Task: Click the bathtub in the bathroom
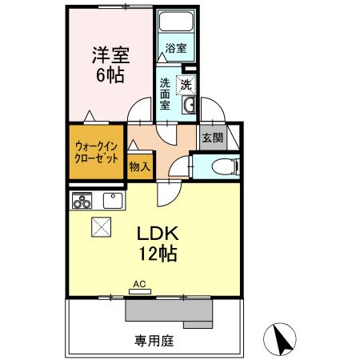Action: coord(174,24)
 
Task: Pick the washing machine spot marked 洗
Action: coord(186,85)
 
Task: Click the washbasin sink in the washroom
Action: coord(190,106)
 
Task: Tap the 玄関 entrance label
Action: coord(212,138)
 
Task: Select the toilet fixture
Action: coord(224,166)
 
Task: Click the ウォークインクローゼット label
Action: coord(96,149)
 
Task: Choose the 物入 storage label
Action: coord(141,166)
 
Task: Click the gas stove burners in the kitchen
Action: coord(83,202)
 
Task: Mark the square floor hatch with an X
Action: coord(102,227)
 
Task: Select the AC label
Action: coord(139,283)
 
